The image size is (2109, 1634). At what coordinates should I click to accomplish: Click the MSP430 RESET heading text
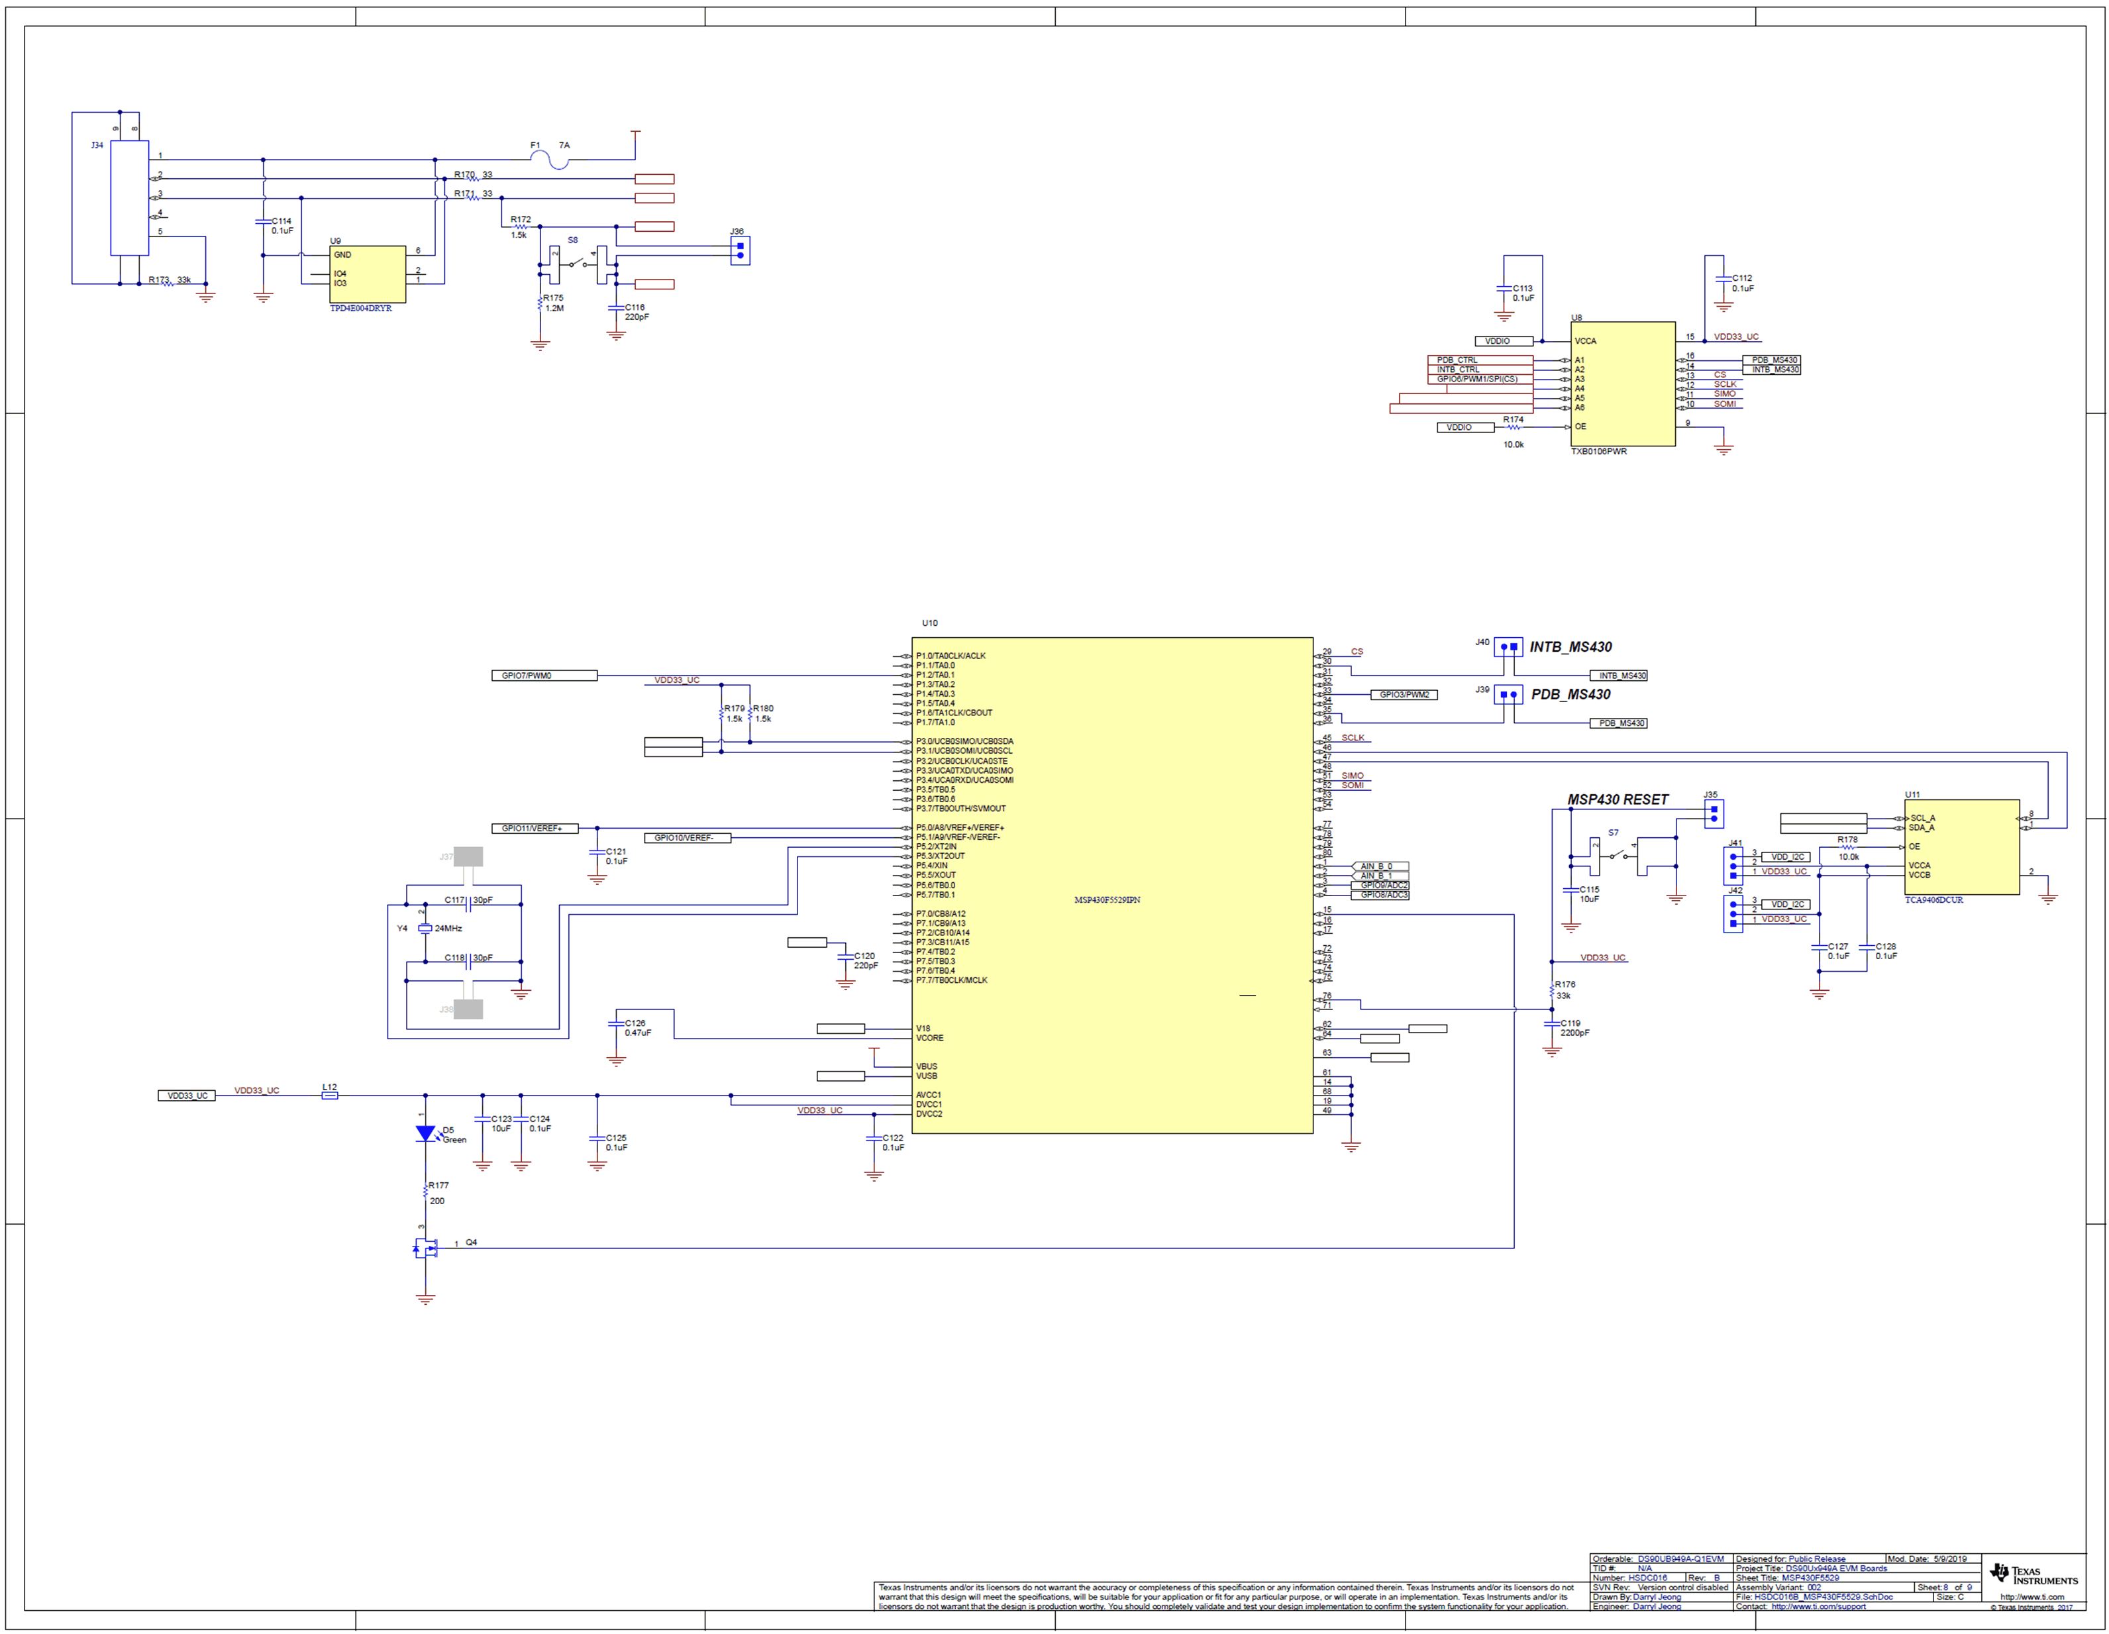point(1618,799)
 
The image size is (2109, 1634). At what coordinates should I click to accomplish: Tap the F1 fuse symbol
point(558,160)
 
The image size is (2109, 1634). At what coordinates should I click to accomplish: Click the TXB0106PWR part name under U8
point(1598,452)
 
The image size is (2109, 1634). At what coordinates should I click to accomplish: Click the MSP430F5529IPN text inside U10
point(1107,900)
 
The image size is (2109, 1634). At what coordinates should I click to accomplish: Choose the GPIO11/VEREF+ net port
point(534,829)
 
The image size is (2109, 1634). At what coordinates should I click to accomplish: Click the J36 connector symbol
point(740,251)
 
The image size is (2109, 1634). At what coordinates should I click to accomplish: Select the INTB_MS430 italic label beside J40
point(1570,647)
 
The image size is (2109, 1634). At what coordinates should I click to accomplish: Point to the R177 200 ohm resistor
point(425,1194)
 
